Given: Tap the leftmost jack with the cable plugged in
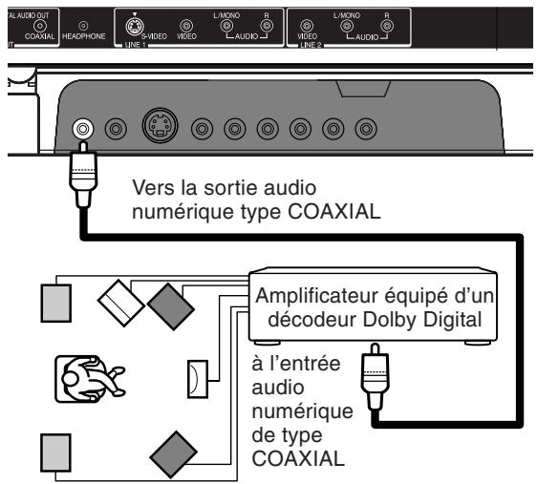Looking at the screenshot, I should (85, 126).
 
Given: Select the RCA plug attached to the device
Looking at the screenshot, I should (85, 169).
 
